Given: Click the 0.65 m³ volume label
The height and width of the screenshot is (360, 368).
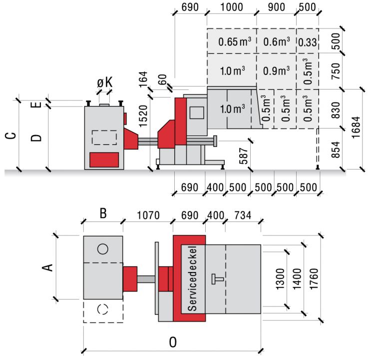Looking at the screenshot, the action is point(235,41).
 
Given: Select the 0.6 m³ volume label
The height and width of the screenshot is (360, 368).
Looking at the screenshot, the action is point(276,41).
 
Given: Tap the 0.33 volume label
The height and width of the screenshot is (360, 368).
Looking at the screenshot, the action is point(308,42).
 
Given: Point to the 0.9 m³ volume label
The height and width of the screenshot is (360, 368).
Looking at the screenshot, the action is point(276,70).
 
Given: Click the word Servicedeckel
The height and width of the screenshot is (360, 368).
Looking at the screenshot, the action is point(192,278).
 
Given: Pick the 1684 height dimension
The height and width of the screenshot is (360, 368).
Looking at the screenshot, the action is point(356,127).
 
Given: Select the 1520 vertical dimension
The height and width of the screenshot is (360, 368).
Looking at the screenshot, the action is point(143,116).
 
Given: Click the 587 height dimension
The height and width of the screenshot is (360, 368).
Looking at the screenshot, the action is point(244,156).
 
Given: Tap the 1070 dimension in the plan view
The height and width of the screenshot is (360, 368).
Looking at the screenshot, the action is point(148,215).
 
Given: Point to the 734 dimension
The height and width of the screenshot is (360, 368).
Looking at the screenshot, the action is point(243,215).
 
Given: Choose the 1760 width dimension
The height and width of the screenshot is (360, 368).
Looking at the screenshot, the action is point(314,278).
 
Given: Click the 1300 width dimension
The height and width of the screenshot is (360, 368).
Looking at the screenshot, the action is point(280,278).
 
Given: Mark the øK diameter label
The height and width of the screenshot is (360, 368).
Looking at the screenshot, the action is point(105,82).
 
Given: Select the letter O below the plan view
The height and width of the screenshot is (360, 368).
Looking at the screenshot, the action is point(173,342).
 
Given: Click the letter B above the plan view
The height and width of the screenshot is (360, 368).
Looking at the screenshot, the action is point(103,213).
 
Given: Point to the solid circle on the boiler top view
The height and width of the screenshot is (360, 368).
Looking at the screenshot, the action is point(103,249).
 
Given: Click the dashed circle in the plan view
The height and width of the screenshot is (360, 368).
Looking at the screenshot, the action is point(103,309).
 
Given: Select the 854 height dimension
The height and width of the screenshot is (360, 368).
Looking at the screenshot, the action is point(336,149).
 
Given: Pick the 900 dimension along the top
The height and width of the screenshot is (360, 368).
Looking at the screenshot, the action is point(276,7).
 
